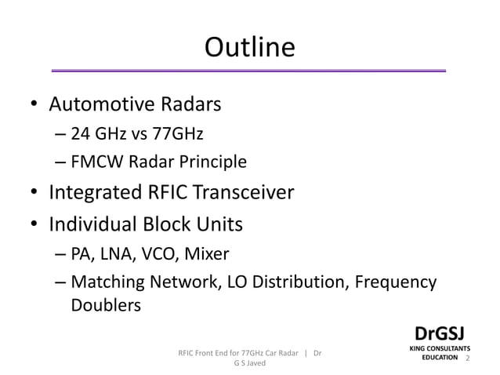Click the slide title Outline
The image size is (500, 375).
(249, 48)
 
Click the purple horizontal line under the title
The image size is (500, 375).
(249, 71)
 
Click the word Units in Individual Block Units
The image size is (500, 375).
(220, 224)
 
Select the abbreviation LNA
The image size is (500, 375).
(116, 254)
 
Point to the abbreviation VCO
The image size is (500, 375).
(158, 254)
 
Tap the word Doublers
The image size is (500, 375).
(106, 305)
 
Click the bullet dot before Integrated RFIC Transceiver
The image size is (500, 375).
(34, 193)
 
